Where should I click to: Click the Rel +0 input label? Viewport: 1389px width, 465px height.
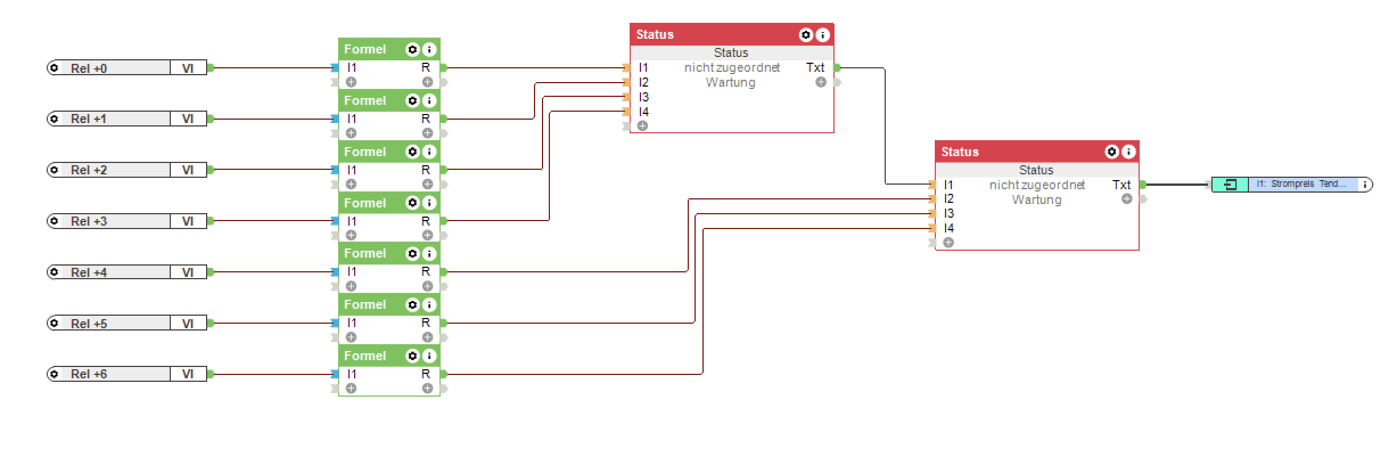[89, 68]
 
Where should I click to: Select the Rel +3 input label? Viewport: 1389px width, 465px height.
[89, 221]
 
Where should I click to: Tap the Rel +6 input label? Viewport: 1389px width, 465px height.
[89, 374]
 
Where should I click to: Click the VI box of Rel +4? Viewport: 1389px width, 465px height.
[188, 272]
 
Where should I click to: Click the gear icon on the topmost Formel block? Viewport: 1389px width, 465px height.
[412, 50]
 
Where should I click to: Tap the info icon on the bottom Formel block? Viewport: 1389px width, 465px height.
[430, 356]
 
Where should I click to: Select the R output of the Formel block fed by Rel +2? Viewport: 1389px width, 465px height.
[425, 170]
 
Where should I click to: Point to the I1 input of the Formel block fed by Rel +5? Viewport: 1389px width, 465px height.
[352, 323]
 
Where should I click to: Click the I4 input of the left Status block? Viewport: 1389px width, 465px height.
[643, 112]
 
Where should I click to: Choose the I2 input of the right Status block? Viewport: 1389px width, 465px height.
[948, 199]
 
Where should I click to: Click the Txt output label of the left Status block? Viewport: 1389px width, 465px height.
[815, 68]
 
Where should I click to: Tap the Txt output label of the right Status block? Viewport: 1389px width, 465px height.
[1121, 185]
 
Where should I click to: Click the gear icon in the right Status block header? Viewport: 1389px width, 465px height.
[1111, 152]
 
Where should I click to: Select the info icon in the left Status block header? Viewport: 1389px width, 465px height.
[823, 35]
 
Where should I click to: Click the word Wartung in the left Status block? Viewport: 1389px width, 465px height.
[730, 83]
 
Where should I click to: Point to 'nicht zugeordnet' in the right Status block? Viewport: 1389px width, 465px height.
[1037, 185]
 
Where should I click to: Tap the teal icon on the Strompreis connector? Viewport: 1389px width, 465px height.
[1230, 185]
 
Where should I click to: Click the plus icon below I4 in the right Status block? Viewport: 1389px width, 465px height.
[948, 243]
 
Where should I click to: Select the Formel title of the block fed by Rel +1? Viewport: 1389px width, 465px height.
[365, 101]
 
